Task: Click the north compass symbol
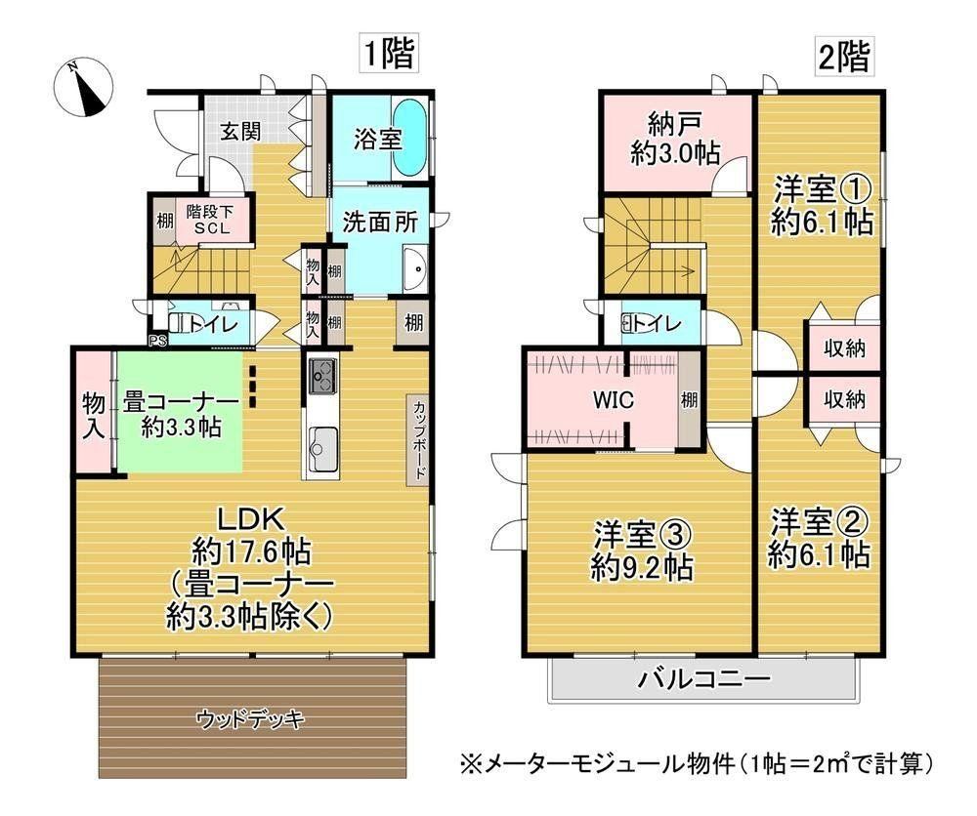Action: pos(83,88)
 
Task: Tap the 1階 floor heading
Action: pos(389,54)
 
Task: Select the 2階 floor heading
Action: pos(843,57)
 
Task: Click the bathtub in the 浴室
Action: pos(410,139)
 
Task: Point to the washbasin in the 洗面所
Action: pos(415,268)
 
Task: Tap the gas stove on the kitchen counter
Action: pos(322,377)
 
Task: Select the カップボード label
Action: pos(419,439)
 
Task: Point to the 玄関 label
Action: pos(240,132)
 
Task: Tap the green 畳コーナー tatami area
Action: pos(179,412)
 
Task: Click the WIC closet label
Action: pos(614,399)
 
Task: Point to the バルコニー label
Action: pos(703,678)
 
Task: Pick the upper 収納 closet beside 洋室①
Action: pos(844,347)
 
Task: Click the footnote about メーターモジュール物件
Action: pos(697,762)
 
